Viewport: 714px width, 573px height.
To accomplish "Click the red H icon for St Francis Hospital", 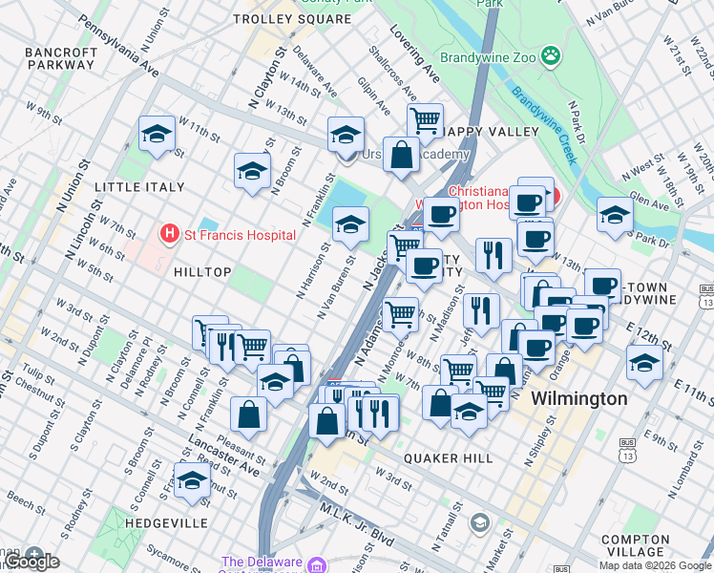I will (x=170, y=233).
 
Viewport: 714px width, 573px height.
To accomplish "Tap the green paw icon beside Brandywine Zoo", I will (x=550, y=56).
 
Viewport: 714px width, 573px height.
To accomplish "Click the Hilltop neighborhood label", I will (x=201, y=272).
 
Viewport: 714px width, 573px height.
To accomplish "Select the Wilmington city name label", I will (x=578, y=398).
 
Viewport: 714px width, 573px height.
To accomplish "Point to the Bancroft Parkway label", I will (x=61, y=57).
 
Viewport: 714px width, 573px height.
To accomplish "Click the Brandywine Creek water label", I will (x=544, y=123).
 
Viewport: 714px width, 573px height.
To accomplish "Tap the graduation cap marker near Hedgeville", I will (x=192, y=479).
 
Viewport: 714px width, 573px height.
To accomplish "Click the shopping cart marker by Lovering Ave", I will (x=425, y=120).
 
